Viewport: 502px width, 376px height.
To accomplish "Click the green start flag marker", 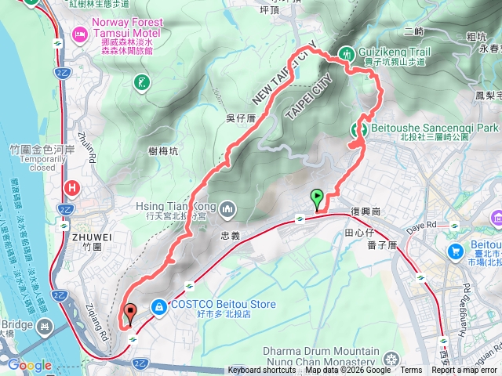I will (317, 197).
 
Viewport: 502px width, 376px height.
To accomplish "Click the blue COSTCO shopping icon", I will (158, 306).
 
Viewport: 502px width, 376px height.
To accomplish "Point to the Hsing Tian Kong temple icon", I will (227, 209).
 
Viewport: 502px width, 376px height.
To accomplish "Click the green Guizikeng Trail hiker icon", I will (346, 53).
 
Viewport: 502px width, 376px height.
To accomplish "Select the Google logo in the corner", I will (30, 365).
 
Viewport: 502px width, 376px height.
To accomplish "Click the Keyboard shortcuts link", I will (262, 371).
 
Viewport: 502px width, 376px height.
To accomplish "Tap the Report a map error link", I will (465, 371).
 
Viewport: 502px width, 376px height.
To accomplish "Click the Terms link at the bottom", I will (411, 371).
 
